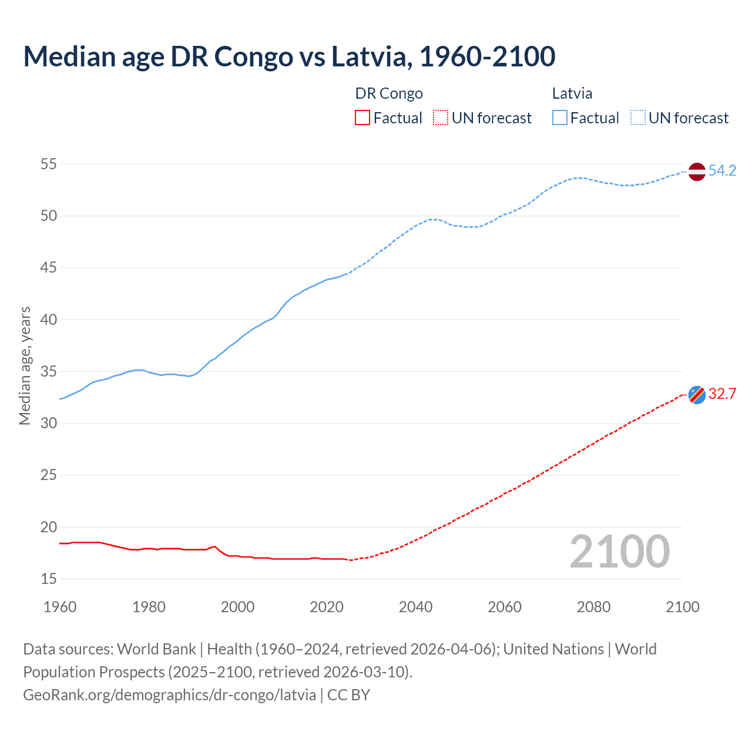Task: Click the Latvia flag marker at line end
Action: [697, 172]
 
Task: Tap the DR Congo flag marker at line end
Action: [697, 395]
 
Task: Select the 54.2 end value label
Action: [722, 171]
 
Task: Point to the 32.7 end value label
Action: [722, 394]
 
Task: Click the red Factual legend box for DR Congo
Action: [362, 118]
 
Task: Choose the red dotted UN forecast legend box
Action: [441, 118]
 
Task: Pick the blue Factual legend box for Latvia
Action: [560, 118]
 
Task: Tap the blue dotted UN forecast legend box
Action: [638, 118]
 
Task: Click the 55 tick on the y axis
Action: [49, 164]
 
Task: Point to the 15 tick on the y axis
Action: [49, 579]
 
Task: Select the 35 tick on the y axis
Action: [49, 371]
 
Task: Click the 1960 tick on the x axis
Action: [60, 607]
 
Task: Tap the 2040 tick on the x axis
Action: [415, 607]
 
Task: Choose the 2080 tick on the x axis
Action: [593, 607]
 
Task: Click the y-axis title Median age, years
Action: [25, 365]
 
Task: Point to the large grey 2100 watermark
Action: [620, 551]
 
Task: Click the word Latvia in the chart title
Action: [369, 56]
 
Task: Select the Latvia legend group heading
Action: [572, 93]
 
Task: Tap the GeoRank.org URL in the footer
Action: [169, 694]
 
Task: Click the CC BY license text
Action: [349, 694]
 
